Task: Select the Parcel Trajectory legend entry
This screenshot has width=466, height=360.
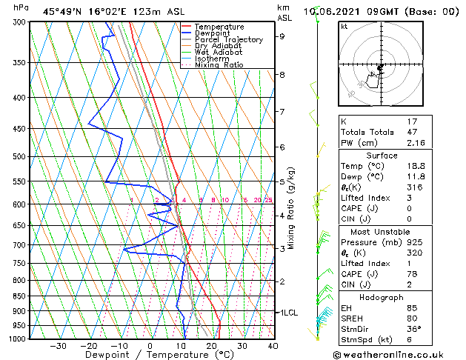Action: coord(228,40)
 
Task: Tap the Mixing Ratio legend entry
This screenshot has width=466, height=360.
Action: coord(219,65)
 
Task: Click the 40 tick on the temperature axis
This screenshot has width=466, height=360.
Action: coord(273,346)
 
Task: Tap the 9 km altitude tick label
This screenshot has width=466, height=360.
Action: coord(282,36)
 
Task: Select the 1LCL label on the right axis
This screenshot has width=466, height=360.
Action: coord(288,313)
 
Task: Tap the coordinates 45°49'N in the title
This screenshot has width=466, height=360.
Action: coord(62,11)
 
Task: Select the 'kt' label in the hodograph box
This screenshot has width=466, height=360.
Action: coord(344,26)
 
